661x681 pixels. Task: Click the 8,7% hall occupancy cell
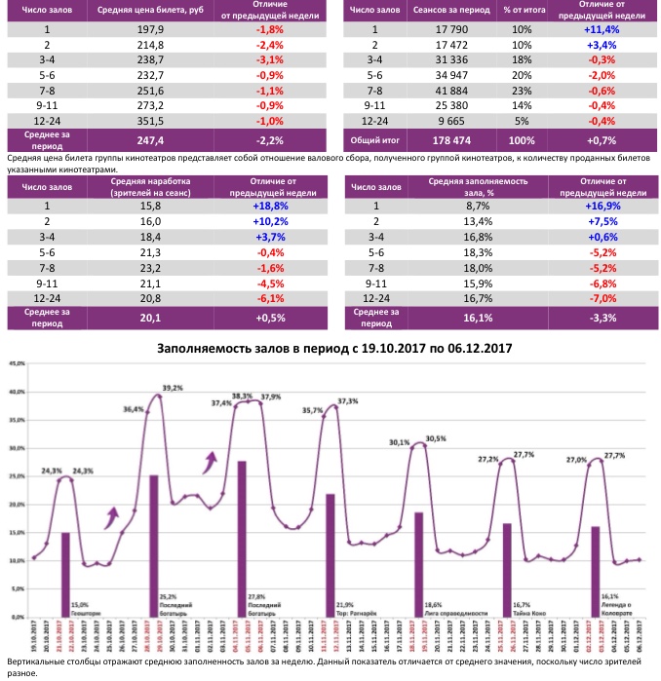point(479,206)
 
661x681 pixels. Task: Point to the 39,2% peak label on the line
point(173,388)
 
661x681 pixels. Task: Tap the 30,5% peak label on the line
point(435,438)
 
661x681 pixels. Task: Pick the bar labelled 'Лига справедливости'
point(418,564)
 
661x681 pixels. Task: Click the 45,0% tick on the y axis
point(18,363)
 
